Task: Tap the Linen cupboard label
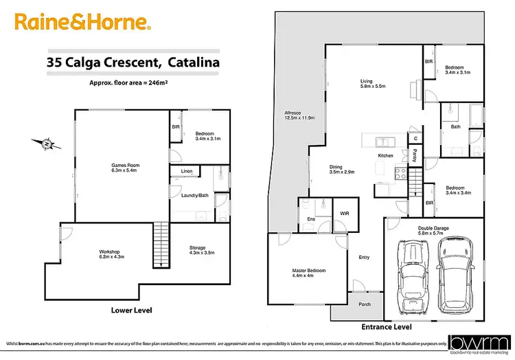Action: coord(186,171)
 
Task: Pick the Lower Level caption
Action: coord(131,310)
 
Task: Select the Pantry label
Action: coord(415,155)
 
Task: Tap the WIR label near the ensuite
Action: coord(344,214)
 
